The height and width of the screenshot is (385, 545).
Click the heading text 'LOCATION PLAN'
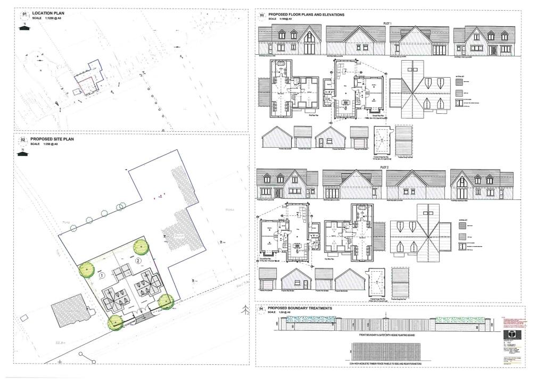pos(47,12)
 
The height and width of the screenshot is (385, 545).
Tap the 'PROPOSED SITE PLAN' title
pos(52,139)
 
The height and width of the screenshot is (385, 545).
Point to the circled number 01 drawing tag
pos(23,14)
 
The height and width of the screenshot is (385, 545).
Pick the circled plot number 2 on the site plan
pos(138,261)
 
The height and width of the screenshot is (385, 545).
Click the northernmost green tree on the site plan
pos(140,246)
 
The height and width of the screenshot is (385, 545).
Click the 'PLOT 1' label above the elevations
pos(387,23)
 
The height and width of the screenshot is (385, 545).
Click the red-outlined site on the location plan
pos(86,84)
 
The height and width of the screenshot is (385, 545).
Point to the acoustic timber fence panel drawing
pos(385,350)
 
